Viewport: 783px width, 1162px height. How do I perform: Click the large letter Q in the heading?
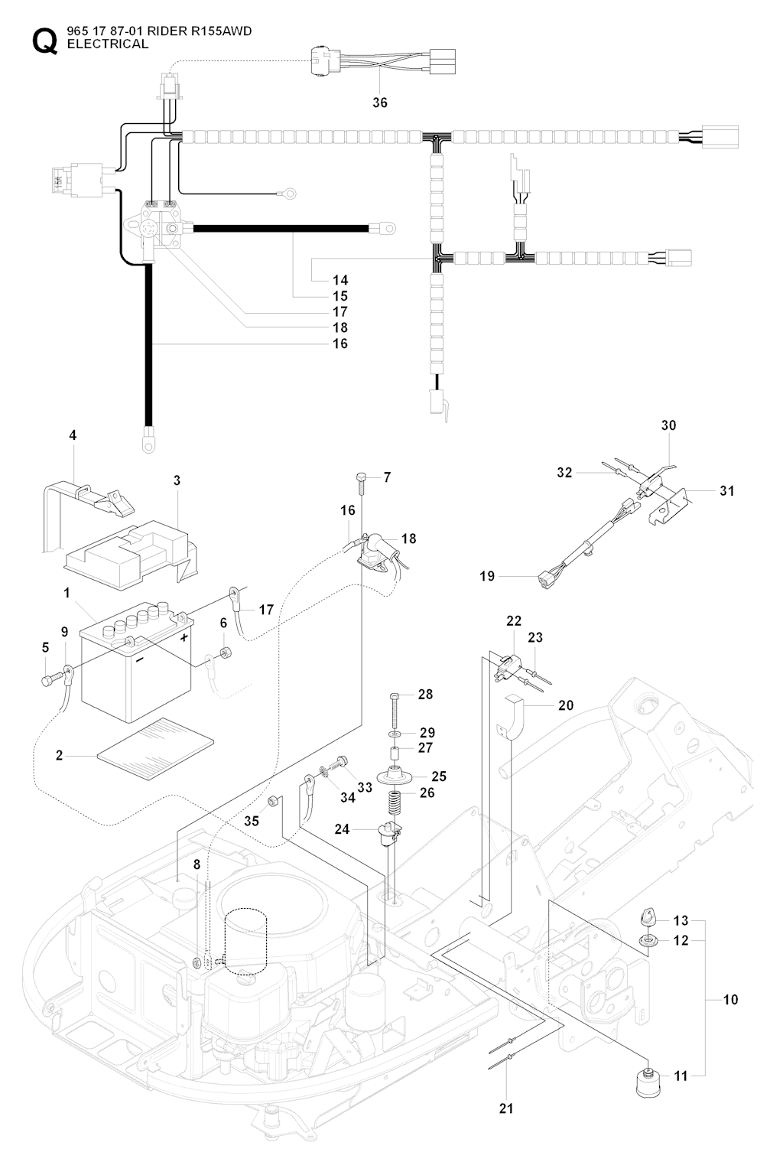(x=44, y=40)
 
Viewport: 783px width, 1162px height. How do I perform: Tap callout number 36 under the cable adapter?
(x=380, y=103)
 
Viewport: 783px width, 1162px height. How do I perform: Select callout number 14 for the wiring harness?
(x=340, y=280)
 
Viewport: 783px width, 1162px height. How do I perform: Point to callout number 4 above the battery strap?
(x=73, y=435)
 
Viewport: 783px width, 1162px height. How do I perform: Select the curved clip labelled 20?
(x=516, y=715)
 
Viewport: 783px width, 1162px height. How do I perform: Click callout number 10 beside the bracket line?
(x=730, y=999)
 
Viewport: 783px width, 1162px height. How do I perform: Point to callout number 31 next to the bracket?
(x=726, y=490)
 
